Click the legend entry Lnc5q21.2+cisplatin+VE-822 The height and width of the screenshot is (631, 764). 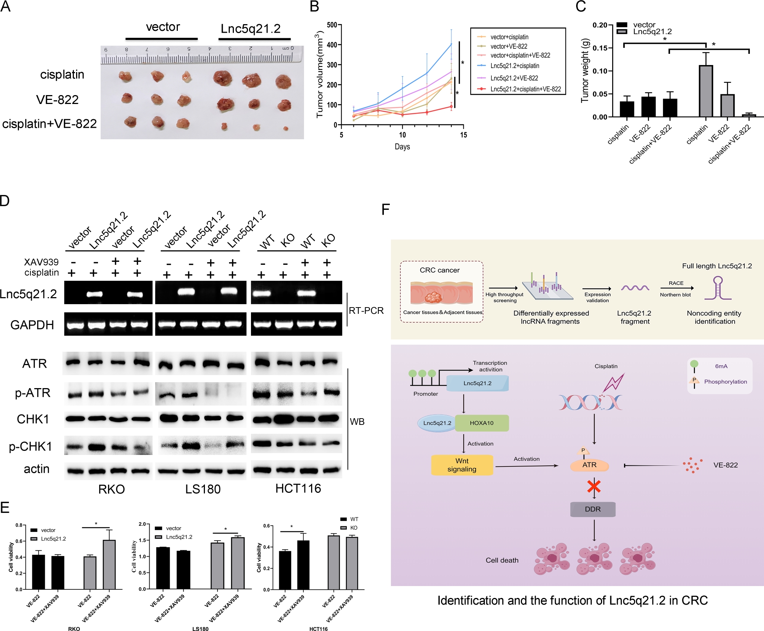[525, 89]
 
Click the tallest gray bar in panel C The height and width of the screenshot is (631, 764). [705, 91]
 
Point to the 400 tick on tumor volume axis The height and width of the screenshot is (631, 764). [332, 45]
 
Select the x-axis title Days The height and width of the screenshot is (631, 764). [402, 147]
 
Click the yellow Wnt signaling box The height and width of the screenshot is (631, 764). [462, 465]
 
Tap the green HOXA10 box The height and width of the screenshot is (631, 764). [481, 423]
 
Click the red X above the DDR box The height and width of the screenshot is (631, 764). [594, 486]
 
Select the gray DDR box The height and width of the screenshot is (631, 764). [592, 509]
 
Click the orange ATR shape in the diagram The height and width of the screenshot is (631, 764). [589, 465]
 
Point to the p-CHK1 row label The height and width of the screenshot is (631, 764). [30, 446]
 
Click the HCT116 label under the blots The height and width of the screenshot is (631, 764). [298, 488]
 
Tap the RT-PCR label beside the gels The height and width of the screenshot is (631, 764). [366, 310]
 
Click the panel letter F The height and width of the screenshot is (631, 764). [386, 209]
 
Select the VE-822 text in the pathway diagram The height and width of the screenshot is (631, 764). [725, 465]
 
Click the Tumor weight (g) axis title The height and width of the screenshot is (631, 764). [585, 71]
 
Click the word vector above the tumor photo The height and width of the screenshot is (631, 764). [163, 27]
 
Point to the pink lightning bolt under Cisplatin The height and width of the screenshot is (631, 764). [614, 383]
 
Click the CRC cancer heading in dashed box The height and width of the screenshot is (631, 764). [440, 270]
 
